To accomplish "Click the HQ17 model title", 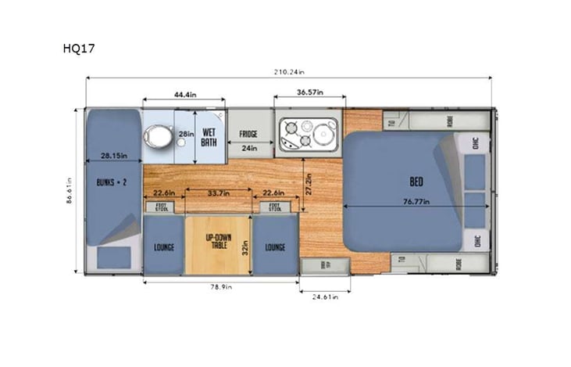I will click(79, 48).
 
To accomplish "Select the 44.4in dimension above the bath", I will click(184, 95).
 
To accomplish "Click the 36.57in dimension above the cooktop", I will click(310, 94).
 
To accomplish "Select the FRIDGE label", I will click(249, 134).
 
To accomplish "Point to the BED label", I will click(416, 182).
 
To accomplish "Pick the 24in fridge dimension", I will click(249, 147).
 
